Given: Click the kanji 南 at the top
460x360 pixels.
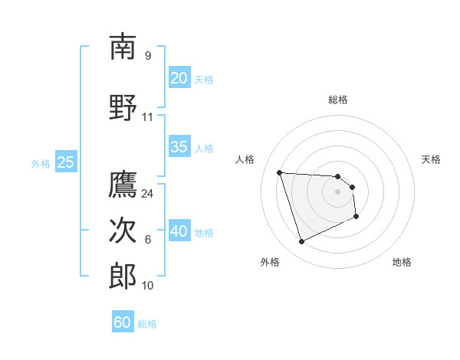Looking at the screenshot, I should click(123, 47).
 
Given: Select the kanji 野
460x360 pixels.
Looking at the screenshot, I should click(123, 107).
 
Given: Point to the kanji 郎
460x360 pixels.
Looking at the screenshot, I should click(123, 276).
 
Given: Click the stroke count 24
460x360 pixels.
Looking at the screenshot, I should click(148, 194).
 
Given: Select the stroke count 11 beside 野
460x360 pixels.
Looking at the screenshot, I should click(148, 117).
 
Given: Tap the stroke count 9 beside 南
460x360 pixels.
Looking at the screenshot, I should click(148, 56).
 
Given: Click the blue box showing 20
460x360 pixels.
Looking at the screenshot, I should click(179, 78).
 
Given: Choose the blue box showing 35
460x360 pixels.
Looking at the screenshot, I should click(179, 147).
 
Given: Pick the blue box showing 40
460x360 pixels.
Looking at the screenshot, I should click(179, 231).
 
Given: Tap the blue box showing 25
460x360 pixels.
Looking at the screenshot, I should click(66, 162).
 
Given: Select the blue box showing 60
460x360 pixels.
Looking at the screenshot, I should click(123, 322).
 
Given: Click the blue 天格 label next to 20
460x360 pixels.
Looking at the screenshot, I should click(204, 80).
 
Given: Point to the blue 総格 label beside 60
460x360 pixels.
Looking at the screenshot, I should click(147, 324).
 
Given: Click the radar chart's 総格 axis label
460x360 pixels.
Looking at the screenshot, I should click(338, 100).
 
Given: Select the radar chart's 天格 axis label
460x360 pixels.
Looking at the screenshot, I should click(432, 159).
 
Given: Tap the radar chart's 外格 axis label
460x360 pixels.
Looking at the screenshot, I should click(270, 263).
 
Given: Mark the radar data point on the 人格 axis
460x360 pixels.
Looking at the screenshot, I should click(280, 172).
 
